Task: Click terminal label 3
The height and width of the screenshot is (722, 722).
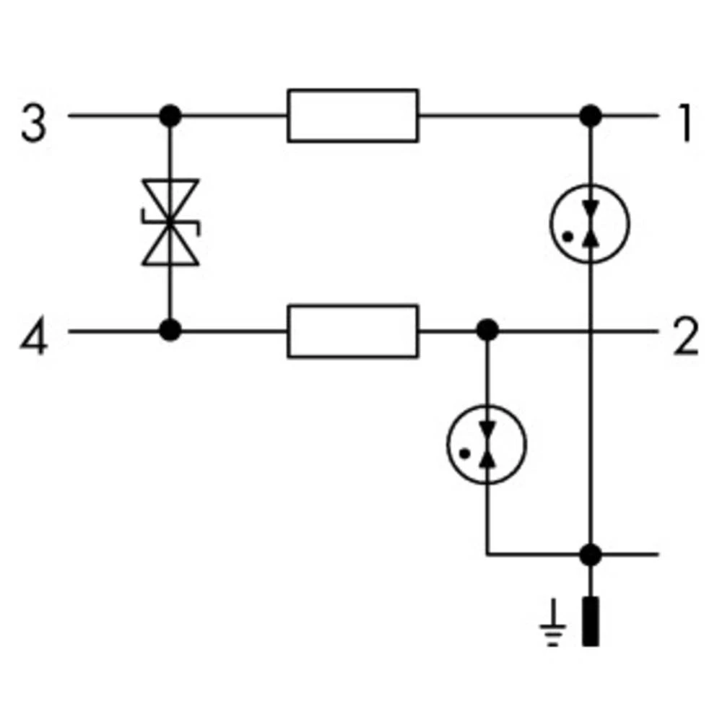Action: [x=33, y=123]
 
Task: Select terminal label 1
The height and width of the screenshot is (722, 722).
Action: [x=685, y=123]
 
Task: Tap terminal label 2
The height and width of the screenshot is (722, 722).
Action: [x=685, y=337]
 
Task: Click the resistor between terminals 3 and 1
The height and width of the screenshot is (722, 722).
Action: [x=352, y=116]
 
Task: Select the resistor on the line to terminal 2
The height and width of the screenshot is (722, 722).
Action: [x=352, y=331]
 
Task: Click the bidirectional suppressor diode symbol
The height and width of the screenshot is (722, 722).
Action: [x=170, y=222]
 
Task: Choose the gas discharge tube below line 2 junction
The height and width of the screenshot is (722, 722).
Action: [x=487, y=443]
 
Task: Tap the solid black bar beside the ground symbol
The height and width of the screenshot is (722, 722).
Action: [x=591, y=621]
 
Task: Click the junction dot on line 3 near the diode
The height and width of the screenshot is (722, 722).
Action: [x=170, y=116]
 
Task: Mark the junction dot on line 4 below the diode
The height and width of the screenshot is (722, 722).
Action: [x=170, y=331]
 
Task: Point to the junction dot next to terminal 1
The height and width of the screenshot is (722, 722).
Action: [x=591, y=116]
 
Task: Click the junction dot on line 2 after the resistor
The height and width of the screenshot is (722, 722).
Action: [x=488, y=331]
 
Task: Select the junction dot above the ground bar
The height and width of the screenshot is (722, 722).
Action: [x=591, y=554]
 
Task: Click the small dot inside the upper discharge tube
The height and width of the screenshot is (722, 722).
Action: [x=570, y=235]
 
